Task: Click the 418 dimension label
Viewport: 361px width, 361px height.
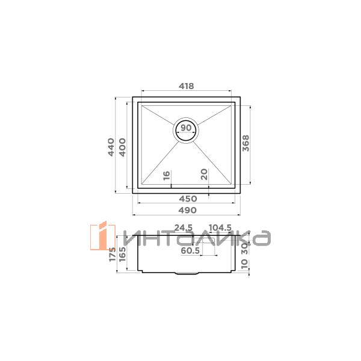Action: pos(187,86)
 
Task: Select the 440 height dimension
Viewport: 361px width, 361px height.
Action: pos(111,147)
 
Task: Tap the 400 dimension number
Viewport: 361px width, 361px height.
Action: pos(123,147)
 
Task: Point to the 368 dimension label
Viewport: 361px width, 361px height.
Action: pos(245,143)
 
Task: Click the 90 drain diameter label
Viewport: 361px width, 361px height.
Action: pos(186,128)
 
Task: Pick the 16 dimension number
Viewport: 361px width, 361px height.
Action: pos(167,176)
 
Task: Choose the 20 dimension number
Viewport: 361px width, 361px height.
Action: pos(204,174)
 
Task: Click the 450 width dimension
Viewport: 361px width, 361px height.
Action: pos(188,199)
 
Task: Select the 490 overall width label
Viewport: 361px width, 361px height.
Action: pos(188,210)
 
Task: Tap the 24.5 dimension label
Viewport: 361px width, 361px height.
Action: pos(184,227)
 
